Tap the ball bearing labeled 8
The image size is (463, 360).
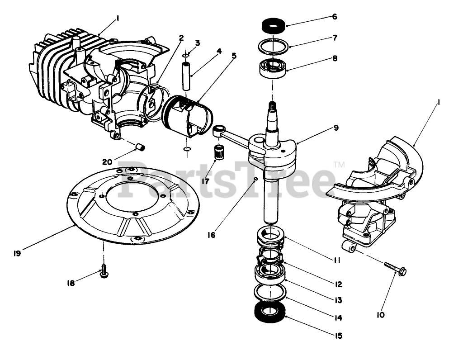click(x=272, y=69)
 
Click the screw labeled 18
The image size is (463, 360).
click(x=104, y=272)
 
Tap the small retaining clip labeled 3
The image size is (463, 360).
click(x=186, y=55)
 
